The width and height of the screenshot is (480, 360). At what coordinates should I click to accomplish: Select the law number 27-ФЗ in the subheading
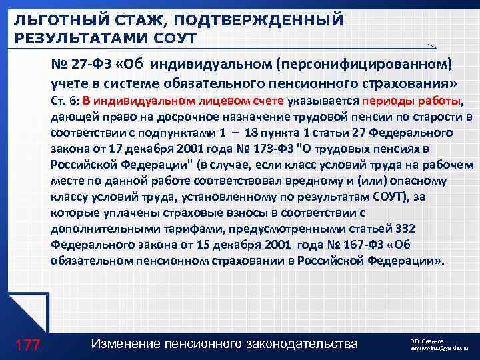[x=89, y=65]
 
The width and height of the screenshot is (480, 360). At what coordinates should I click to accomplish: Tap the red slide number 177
[x=27, y=345]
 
